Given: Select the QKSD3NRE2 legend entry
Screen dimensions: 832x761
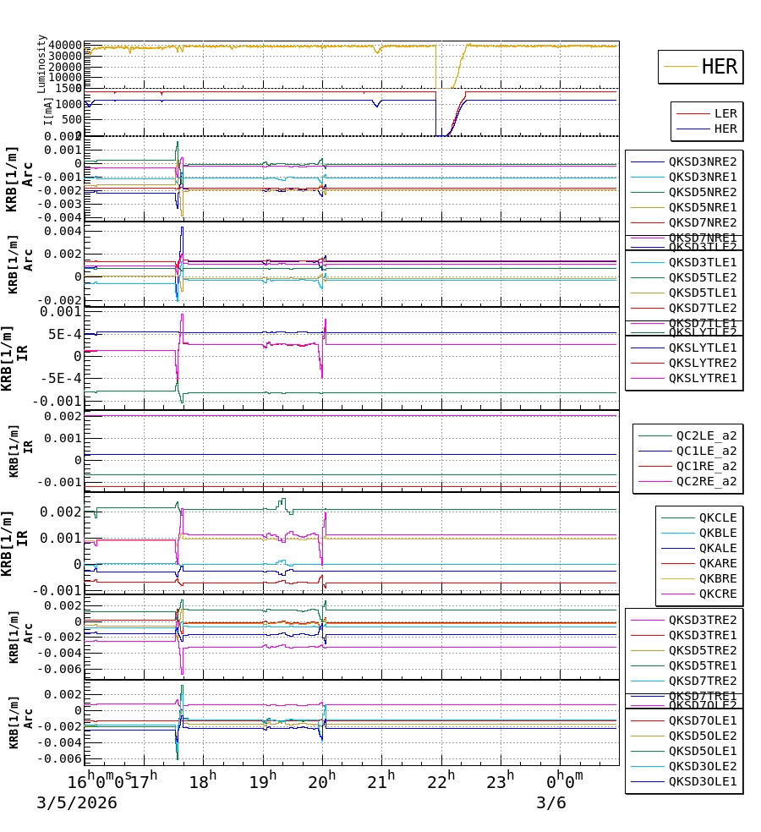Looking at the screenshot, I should coord(702,161).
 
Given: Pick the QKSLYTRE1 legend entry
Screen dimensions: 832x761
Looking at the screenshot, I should coord(702,378).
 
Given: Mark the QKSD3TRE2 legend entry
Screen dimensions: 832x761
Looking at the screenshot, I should coord(702,620).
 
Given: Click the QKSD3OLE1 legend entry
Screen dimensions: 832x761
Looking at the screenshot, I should coord(702,782).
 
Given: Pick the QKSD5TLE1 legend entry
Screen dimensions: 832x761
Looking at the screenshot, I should coord(702,293).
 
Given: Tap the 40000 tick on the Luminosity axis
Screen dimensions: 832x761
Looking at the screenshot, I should coord(64,45).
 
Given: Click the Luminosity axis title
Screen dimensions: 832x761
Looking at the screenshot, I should coord(41,63).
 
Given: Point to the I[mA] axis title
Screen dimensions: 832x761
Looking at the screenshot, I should coord(47,110).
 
